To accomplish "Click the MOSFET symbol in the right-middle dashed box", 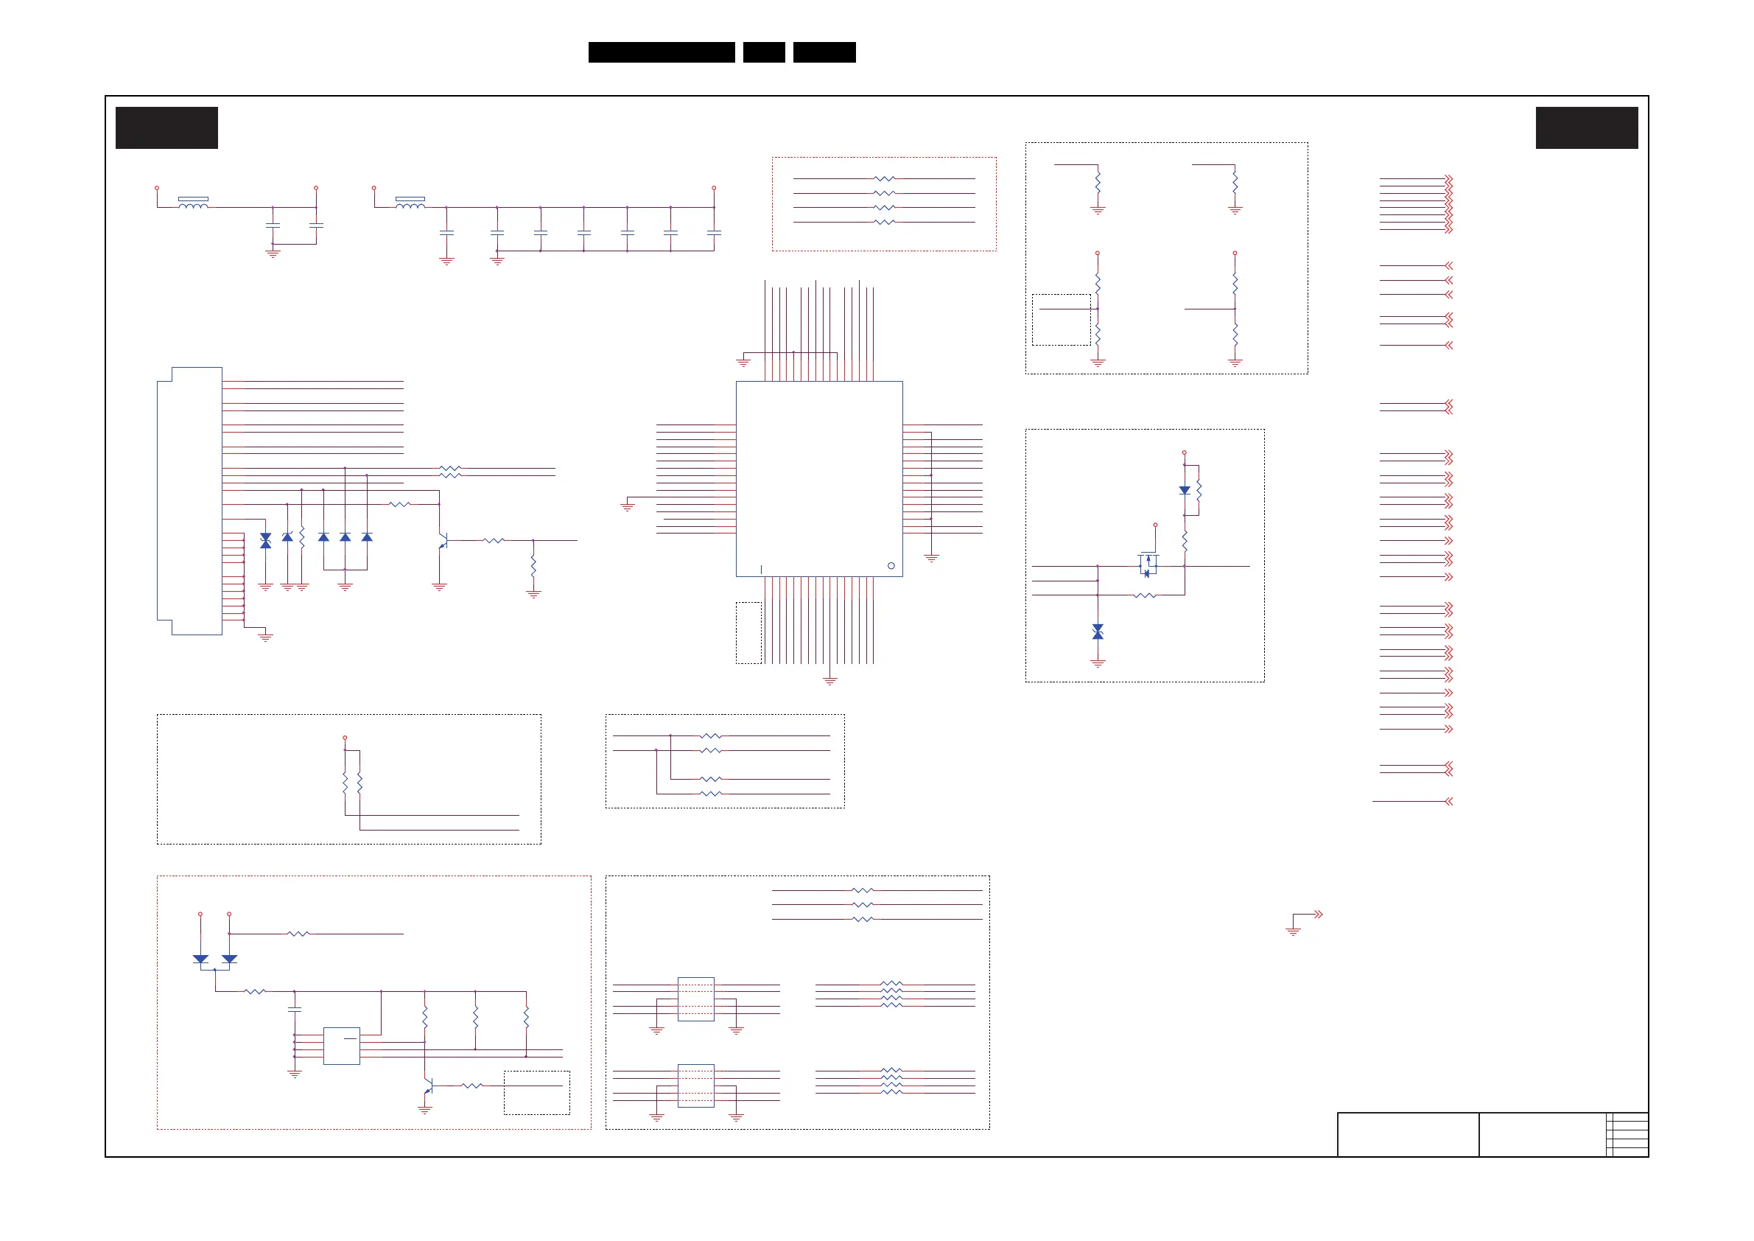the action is (1148, 564).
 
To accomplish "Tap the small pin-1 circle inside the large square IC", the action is (891, 565).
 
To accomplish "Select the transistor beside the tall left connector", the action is (442, 541).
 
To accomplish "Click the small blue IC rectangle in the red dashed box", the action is (342, 1046).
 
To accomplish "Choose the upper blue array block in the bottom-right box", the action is (695, 999).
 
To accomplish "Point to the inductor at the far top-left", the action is (192, 203).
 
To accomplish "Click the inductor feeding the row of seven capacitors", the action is (410, 203).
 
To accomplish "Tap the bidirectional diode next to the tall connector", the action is (265, 540).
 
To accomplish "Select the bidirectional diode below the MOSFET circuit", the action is (1098, 632).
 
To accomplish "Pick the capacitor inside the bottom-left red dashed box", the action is (294, 1010).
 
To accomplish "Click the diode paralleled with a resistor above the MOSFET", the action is (1184, 491).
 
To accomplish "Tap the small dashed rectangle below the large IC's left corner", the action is (748, 633).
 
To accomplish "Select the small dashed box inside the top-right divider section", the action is (1061, 319).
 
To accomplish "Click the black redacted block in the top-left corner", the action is (166, 127).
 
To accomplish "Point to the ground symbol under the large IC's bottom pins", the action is (829, 679).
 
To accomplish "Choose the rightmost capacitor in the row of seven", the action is (714, 232).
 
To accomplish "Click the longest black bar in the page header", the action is (662, 52).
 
